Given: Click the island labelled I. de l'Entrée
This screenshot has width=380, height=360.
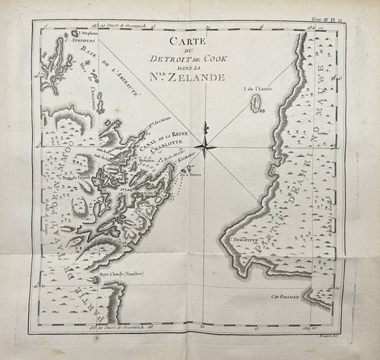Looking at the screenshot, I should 257,104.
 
